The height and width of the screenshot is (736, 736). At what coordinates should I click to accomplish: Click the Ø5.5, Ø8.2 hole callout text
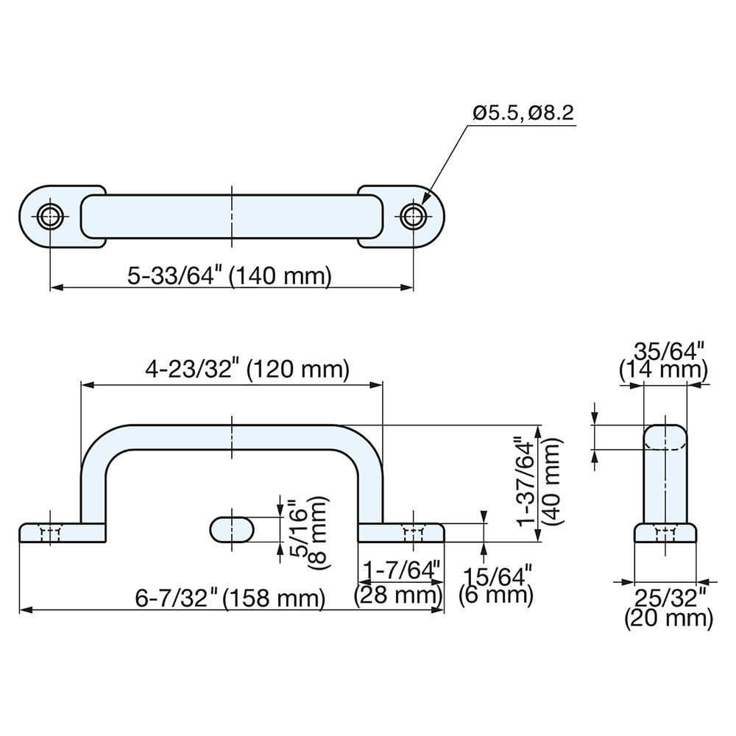click(x=523, y=113)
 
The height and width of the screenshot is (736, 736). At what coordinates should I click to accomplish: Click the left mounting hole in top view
click(x=50, y=216)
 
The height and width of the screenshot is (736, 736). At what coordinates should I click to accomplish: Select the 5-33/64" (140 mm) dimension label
click(x=230, y=276)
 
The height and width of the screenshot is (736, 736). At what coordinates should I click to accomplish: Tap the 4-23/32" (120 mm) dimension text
click(x=247, y=369)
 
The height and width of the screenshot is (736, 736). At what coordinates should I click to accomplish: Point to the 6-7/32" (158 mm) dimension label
click(x=230, y=598)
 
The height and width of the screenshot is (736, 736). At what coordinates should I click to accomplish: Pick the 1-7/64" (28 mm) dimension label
click(x=400, y=581)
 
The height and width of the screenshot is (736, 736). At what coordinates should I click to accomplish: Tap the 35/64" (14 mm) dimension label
click(x=663, y=358)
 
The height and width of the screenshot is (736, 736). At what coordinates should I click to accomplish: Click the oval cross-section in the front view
click(x=233, y=528)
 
